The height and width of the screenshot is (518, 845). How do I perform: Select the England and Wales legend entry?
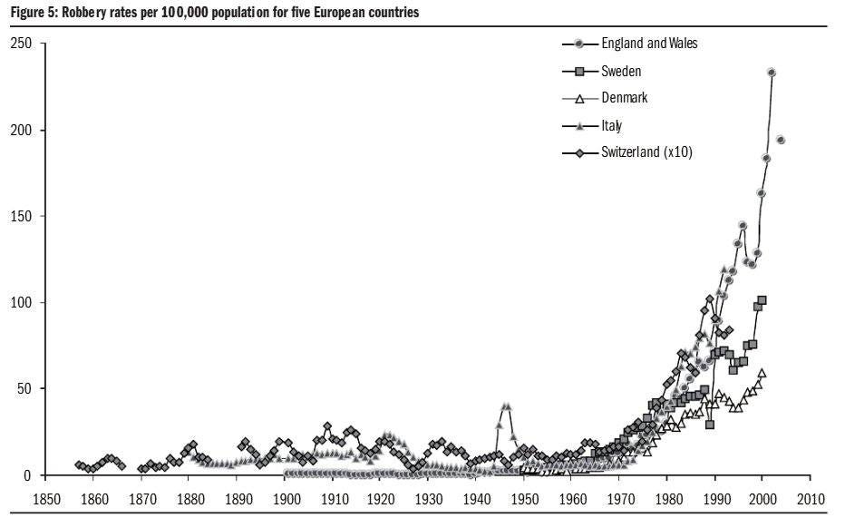(648, 44)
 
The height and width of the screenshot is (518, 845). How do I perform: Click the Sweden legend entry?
(621, 71)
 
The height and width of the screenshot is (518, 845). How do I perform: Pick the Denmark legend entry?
(625, 98)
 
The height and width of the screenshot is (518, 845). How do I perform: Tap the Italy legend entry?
(612, 125)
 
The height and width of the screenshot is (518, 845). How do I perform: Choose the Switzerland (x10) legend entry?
(646, 152)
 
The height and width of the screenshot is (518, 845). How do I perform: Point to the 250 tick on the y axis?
(21, 44)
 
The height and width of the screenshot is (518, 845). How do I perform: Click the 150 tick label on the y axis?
(21, 216)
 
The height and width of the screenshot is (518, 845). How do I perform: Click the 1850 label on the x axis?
(46, 499)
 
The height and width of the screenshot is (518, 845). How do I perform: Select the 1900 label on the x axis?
(286, 499)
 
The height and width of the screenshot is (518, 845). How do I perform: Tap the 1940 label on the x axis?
(477, 499)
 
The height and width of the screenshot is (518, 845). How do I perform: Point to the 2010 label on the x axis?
(811, 499)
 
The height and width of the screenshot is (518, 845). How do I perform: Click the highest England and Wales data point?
(772, 73)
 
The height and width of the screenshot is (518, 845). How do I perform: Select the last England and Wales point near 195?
(780, 140)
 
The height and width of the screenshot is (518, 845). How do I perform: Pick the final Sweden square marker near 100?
(762, 299)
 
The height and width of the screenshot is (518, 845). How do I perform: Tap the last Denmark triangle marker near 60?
(762, 373)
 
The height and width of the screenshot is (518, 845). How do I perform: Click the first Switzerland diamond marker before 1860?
(79, 464)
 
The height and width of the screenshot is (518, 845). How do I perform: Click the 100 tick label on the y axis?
(21, 302)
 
